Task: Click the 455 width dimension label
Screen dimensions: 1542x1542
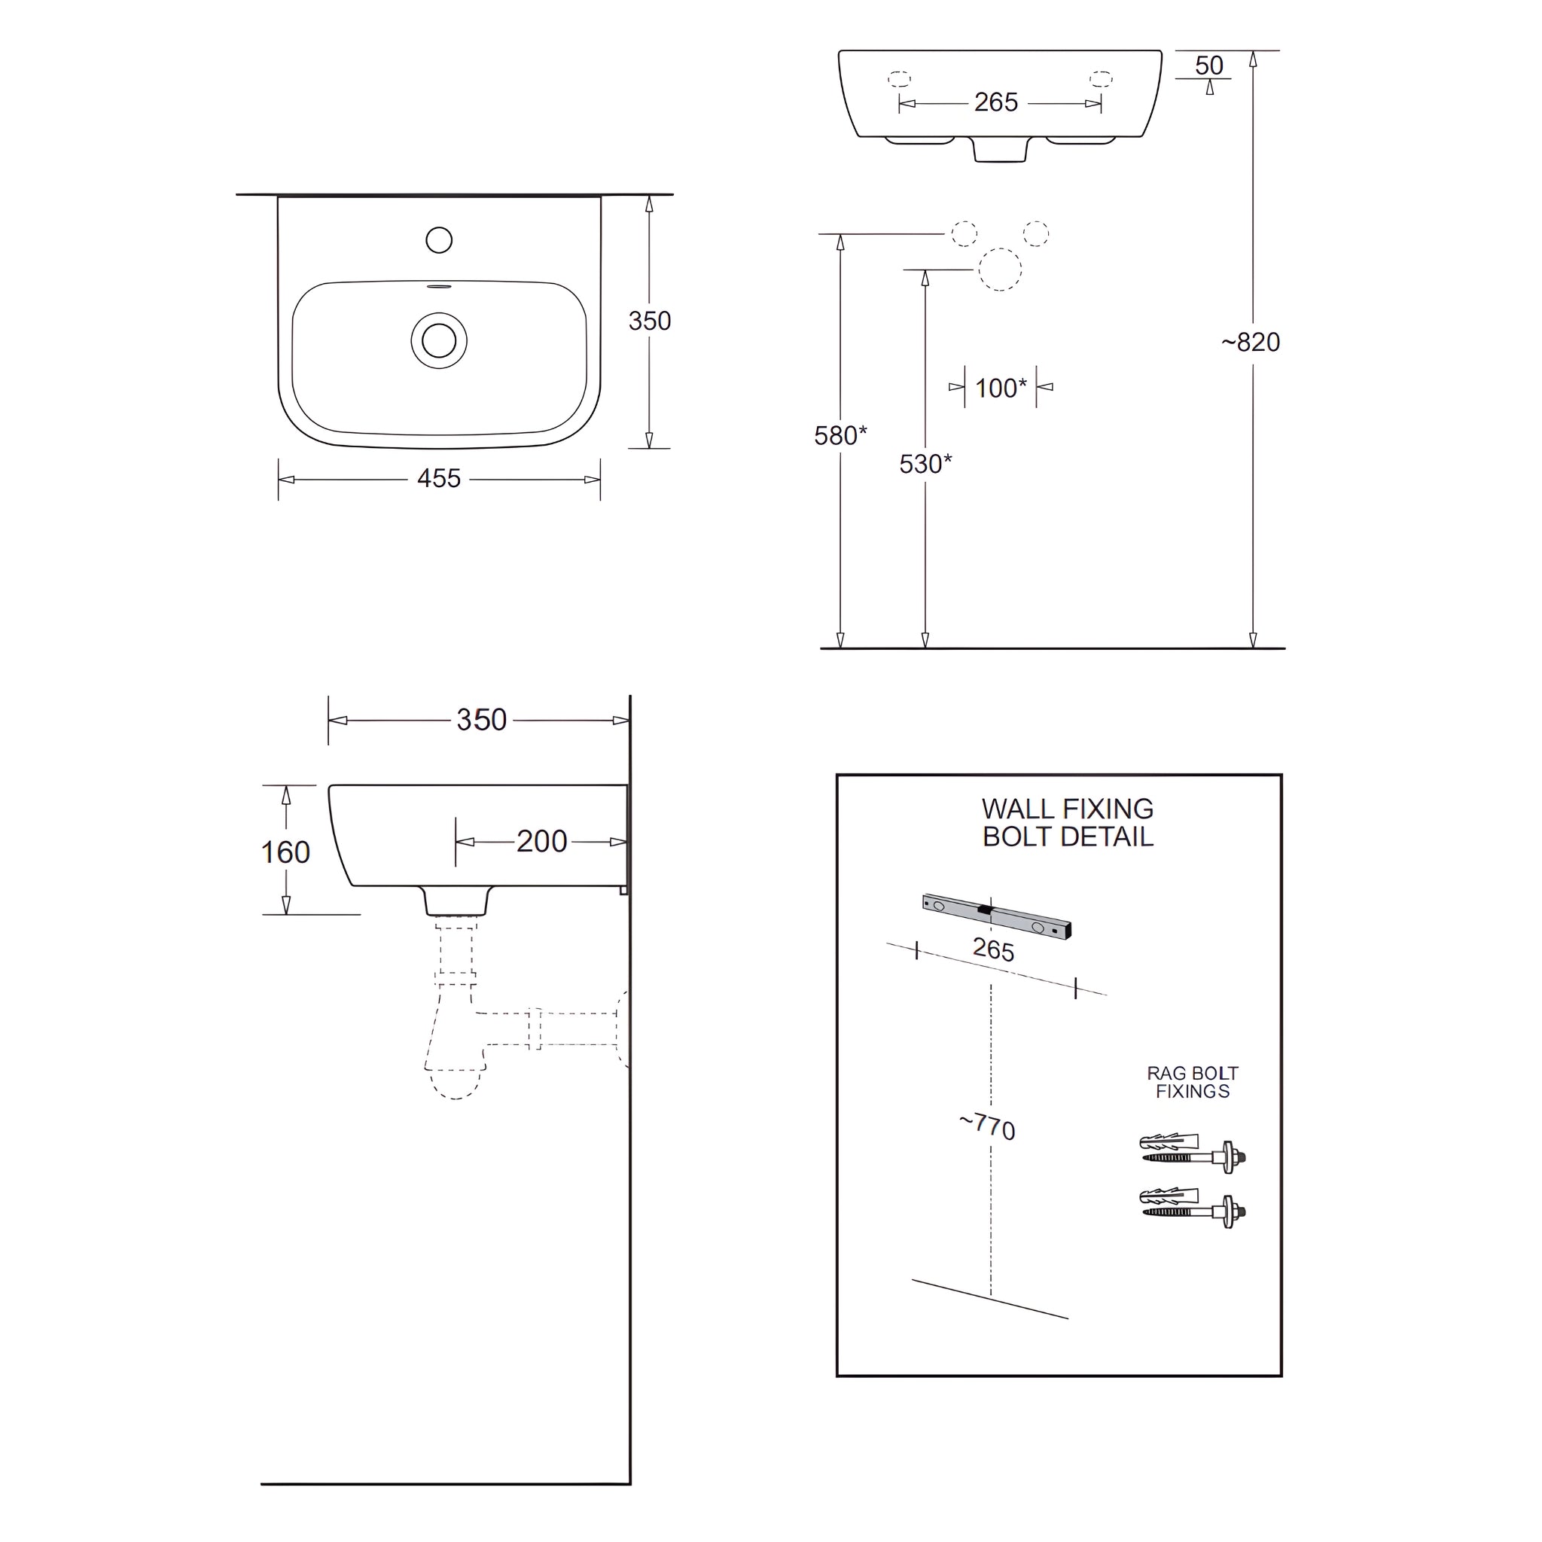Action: (x=438, y=478)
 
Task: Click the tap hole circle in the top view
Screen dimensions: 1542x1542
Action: (x=439, y=239)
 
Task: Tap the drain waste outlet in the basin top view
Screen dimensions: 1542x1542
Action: (x=439, y=341)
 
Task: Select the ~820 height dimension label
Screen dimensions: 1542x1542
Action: (x=1251, y=343)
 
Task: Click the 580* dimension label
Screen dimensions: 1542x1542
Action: (x=840, y=435)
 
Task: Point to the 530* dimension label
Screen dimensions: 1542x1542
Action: (x=925, y=464)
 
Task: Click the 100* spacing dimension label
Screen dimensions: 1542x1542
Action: (x=1000, y=388)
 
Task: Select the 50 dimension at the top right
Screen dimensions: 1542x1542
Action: (x=1208, y=66)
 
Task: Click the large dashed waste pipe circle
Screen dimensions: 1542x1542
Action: (x=999, y=269)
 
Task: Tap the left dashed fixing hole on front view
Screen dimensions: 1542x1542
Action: (x=900, y=79)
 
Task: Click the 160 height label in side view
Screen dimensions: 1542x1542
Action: (x=285, y=852)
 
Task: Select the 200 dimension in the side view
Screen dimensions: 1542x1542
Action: (x=541, y=841)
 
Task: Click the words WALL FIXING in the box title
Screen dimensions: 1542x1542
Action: (x=1067, y=809)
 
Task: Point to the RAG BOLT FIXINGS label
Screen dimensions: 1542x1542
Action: (x=1193, y=1082)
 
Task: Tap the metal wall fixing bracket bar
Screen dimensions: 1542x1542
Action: (x=996, y=916)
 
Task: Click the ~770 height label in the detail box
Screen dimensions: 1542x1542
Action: (x=987, y=1126)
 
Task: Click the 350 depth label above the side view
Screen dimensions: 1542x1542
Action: (x=481, y=720)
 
